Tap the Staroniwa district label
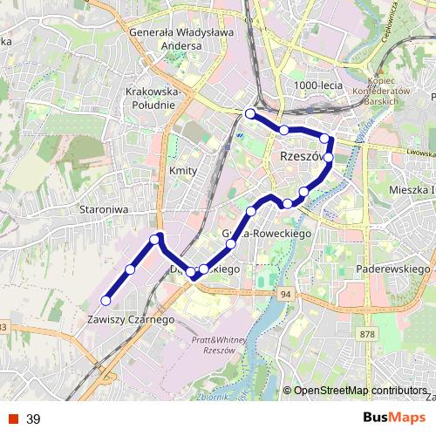(105, 209)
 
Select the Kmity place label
(183, 171)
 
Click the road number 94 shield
(286, 296)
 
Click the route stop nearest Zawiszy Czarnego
(106, 301)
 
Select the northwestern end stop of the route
(250, 113)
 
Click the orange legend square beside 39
(13, 419)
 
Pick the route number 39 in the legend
(33, 419)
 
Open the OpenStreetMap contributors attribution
(360, 390)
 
